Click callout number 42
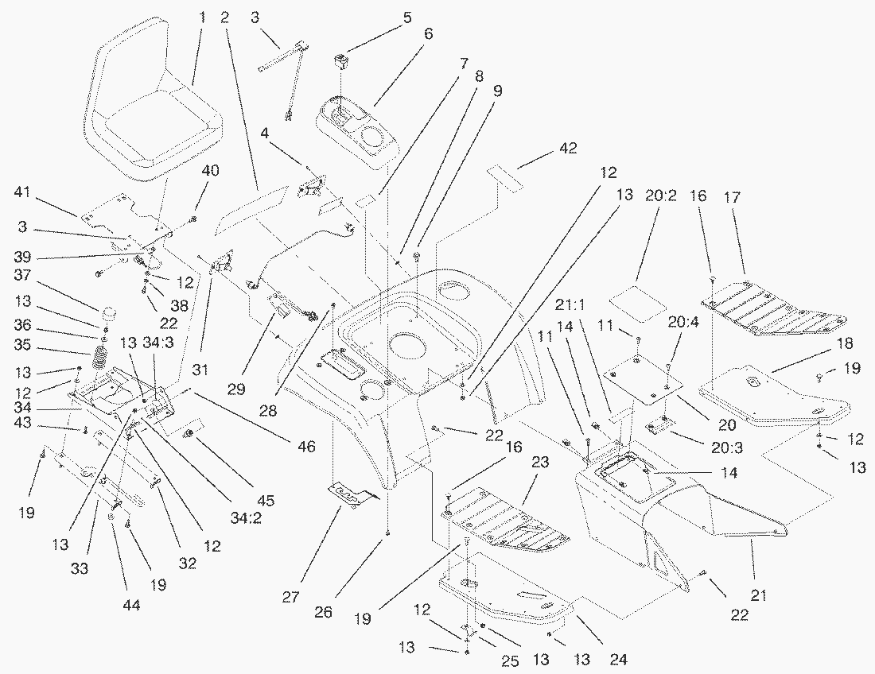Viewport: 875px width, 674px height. [546, 149]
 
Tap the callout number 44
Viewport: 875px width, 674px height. [131, 606]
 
